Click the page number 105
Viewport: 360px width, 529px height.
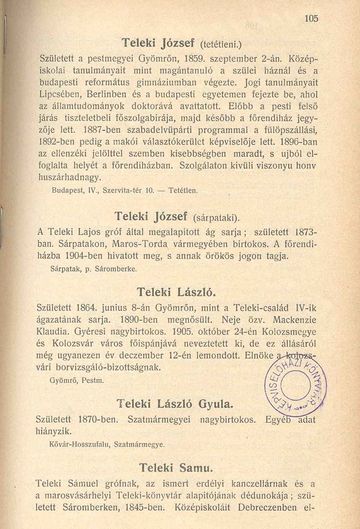311,18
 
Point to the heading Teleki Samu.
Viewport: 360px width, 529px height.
175,468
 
